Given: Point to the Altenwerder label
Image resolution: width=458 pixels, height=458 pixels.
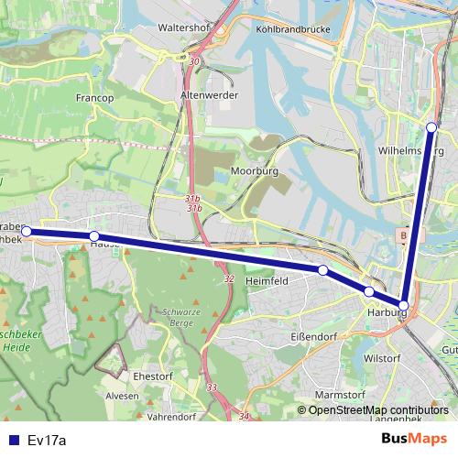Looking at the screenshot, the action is pyautogui.click(x=210, y=95).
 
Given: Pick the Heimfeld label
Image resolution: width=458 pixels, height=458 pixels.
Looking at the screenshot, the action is pyautogui.click(x=268, y=281).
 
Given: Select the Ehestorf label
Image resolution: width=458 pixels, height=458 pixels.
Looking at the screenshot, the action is pyautogui.click(x=153, y=375).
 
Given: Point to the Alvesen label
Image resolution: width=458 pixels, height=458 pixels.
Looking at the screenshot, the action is pyautogui.click(x=122, y=396).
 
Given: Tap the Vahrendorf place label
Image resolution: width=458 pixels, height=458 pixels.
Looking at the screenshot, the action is pyautogui.click(x=171, y=416).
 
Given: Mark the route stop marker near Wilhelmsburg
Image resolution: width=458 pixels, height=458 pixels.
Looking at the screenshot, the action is pyautogui.click(x=432, y=126).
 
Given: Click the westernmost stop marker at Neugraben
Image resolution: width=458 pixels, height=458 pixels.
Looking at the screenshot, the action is pyautogui.click(x=27, y=231).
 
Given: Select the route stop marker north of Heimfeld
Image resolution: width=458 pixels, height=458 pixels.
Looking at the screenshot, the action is pyautogui.click(x=323, y=270).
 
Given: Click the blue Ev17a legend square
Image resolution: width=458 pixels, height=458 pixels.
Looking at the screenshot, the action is pyautogui.click(x=12, y=440).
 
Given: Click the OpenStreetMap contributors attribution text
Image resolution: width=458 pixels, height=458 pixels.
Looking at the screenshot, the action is pyautogui.click(x=377, y=410).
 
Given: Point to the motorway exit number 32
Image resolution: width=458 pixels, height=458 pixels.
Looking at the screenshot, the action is pyautogui.click(x=227, y=278).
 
